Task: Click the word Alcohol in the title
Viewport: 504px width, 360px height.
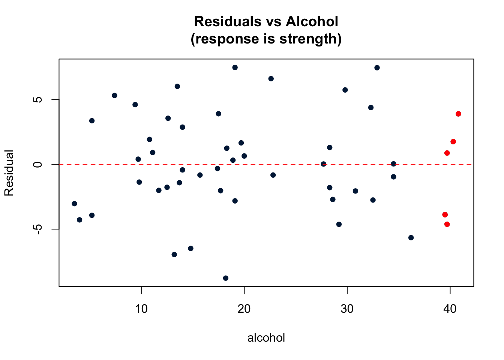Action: [312, 22]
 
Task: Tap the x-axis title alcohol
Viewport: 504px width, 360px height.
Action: [266, 338]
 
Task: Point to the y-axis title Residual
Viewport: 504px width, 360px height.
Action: [9, 173]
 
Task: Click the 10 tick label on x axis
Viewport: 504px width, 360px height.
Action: [141, 309]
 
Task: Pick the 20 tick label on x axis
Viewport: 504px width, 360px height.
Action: [244, 309]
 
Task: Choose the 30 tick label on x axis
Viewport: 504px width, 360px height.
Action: [347, 309]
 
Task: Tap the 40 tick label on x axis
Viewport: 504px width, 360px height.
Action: [450, 309]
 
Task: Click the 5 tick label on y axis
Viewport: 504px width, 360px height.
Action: [37, 100]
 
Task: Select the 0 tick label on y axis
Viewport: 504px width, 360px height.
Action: [37, 164]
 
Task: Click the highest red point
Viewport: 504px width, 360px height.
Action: [458, 114]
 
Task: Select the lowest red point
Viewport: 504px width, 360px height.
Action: [447, 224]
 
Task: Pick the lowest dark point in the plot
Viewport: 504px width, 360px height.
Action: [226, 278]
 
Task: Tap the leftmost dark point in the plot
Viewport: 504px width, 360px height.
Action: [74, 204]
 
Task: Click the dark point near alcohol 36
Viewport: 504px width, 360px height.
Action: [411, 238]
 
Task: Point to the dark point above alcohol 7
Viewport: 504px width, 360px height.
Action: [114, 96]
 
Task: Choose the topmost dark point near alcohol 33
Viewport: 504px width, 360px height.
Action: [377, 68]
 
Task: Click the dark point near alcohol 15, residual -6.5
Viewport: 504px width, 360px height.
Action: [190, 249]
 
